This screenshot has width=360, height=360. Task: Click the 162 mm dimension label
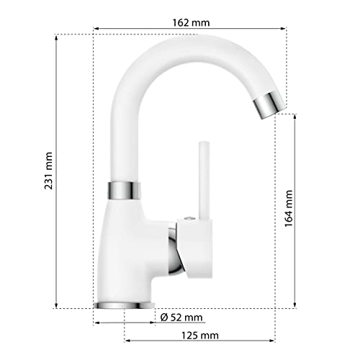point(191,22)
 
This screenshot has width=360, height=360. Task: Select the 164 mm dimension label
point(289,209)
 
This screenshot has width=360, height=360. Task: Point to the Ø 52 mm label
point(182,318)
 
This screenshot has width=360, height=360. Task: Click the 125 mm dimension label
point(200,336)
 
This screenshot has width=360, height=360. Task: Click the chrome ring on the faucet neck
point(124,190)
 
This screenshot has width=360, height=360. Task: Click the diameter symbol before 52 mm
point(164,318)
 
